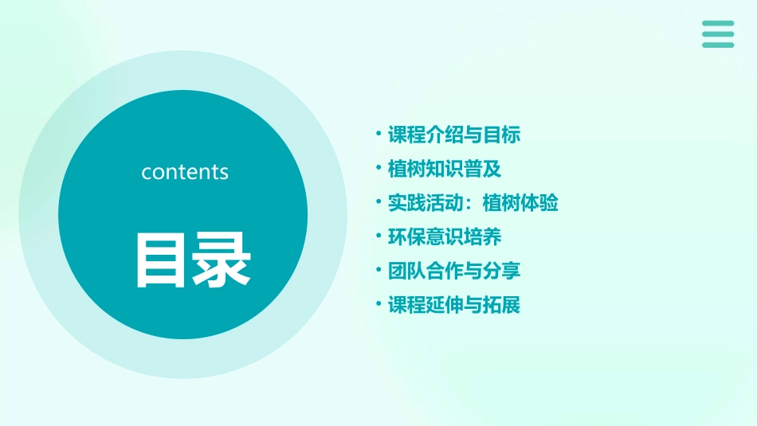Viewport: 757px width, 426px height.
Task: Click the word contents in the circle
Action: (185, 172)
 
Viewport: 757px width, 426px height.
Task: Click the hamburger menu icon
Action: (718, 34)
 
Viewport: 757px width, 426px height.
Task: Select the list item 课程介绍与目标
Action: (454, 135)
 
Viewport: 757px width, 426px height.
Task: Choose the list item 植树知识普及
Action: (445, 169)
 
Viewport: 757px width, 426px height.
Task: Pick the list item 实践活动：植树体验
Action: (473, 203)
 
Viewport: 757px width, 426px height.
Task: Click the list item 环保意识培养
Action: (445, 236)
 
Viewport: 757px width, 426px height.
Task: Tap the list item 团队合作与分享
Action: (454, 271)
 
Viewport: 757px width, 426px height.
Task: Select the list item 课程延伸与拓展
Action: (454, 305)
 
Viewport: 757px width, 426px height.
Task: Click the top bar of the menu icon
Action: (718, 23)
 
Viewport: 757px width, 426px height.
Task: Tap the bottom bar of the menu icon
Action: (718, 45)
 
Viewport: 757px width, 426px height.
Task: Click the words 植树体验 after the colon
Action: (520, 203)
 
